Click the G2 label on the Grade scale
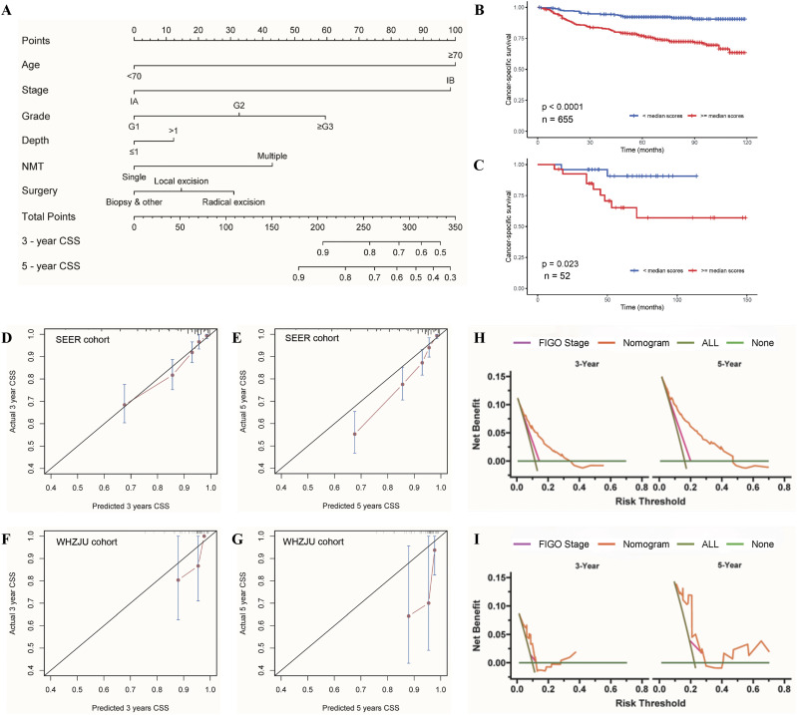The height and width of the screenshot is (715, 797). (x=239, y=105)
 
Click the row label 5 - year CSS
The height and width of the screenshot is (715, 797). (x=59, y=266)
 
